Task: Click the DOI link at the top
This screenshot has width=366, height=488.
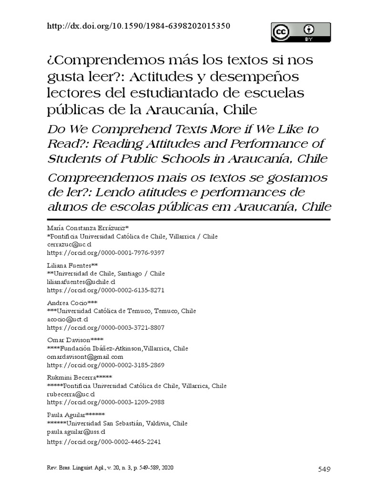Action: click(x=139, y=26)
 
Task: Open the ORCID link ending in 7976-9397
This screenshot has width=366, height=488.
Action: click(x=105, y=253)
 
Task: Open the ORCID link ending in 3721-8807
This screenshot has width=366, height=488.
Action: click(x=105, y=327)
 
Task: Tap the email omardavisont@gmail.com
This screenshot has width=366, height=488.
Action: click(x=85, y=356)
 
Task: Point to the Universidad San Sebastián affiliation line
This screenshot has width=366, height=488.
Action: click(x=117, y=423)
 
